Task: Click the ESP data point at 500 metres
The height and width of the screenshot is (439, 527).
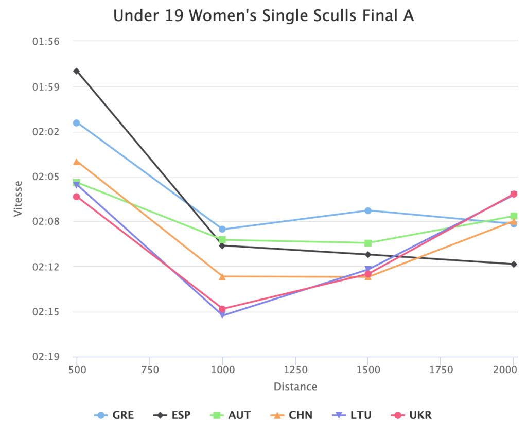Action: [x=76, y=71]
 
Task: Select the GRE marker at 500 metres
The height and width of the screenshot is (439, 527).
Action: [x=76, y=122]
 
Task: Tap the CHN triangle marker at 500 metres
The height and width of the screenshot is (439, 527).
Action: [x=76, y=162]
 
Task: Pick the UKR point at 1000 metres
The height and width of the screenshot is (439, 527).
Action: [x=222, y=309]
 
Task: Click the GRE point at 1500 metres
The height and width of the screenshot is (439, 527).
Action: [x=368, y=210]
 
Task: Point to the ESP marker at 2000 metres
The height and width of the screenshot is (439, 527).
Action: [x=514, y=264]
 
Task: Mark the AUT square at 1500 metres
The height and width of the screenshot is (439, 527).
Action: [x=368, y=243]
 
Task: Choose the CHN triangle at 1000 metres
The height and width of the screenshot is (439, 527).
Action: [x=222, y=277]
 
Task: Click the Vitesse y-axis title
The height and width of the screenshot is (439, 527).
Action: [x=19, y=198]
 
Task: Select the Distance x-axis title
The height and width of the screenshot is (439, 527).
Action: [x=295, y=387]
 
